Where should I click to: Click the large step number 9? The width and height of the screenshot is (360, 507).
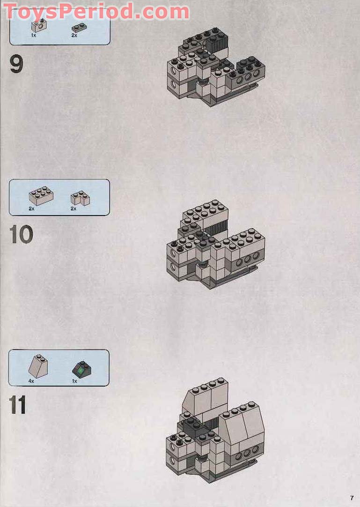[16, 65]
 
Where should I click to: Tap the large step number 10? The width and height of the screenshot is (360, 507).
[21, 235]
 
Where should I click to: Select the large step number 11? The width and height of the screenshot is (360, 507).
[18, 405]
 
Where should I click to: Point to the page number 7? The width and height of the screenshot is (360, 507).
[352, 498]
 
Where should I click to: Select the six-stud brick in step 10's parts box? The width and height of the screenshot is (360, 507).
[41, 195]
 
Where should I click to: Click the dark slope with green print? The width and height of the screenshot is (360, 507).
[81, 370]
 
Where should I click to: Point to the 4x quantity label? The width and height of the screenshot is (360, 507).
[31, 381]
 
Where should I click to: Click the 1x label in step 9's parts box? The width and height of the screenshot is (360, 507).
[34, 36]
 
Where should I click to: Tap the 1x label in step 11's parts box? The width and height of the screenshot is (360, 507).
[74, 381]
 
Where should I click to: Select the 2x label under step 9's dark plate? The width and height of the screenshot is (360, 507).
[74, 36]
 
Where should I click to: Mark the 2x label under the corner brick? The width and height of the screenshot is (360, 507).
[73, 209]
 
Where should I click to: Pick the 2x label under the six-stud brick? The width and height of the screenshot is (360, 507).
[31, 209]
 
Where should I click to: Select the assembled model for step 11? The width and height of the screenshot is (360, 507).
[215, 426]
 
